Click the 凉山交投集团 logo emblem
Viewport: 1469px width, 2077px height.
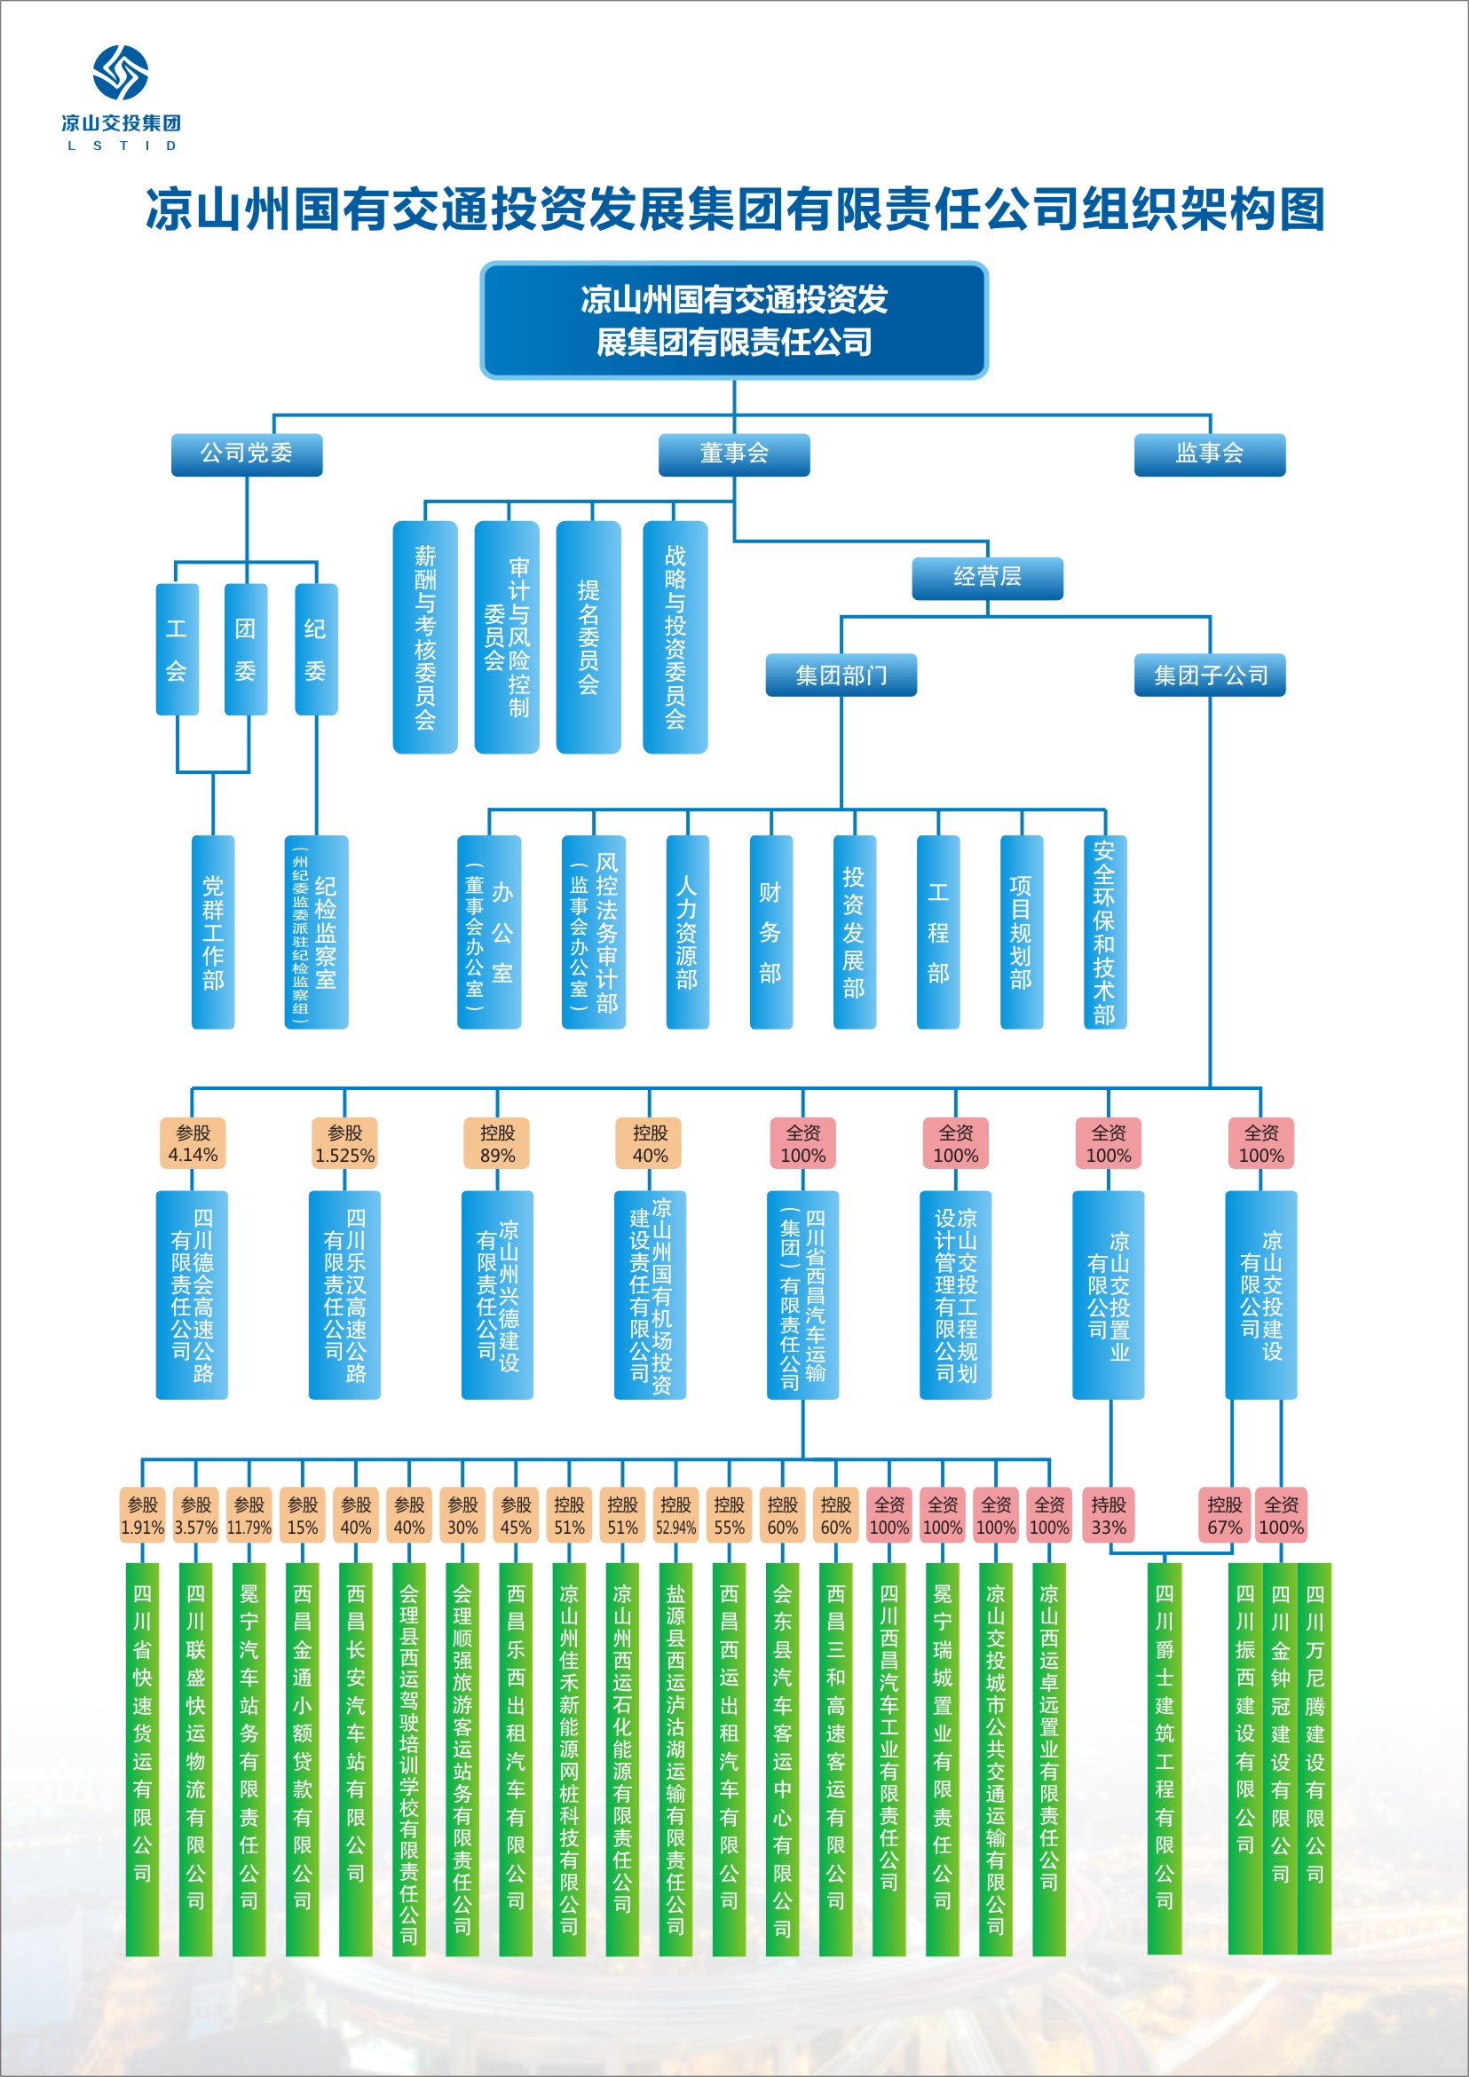coord(121,73)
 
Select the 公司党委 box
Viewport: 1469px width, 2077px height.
coord(247,454)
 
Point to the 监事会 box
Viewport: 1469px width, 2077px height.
coord(1210,454)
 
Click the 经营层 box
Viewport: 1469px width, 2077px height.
coord(987,578)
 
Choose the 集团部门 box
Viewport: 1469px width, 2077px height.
coord(841,675)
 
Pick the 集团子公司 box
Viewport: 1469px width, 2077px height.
coord(1210,675)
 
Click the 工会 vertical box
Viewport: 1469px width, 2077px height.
coord(177,649)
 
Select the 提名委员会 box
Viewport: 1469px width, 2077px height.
coord(588,636)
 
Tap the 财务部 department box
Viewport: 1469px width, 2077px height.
coord(770,932)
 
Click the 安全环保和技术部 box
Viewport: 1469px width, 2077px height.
coord(1104,932)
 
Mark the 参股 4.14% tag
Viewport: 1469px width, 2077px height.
coord(192,1143)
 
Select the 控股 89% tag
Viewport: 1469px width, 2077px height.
coord(497,1143)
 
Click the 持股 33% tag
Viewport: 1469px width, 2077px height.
coord(1108,1516)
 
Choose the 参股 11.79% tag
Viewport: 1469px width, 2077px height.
coord(249,1516)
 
